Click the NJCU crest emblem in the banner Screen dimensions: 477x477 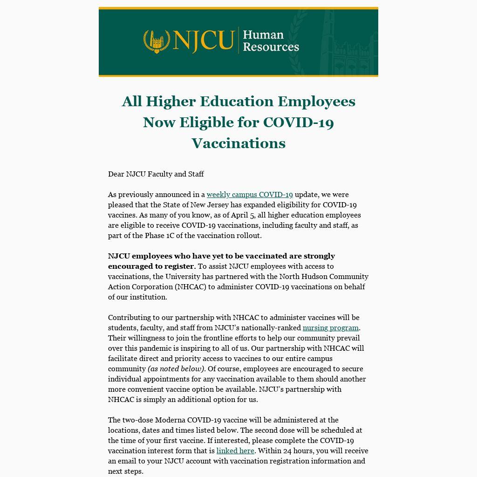(x=157, y=41)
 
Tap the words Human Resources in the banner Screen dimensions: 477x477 (x=271, y=41)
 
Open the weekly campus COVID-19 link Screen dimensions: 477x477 (x=250, y=195)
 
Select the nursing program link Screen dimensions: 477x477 (x=330, y=328)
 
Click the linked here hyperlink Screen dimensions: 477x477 (x=235, y=451)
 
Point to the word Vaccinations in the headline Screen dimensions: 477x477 (x=238, y=143)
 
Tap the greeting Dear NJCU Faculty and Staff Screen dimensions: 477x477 (x=156, y=174)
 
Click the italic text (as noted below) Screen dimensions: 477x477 (x=177, y=369)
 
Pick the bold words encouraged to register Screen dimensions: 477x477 (x=151, y=266)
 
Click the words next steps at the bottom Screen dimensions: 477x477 (x=126, y=471)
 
